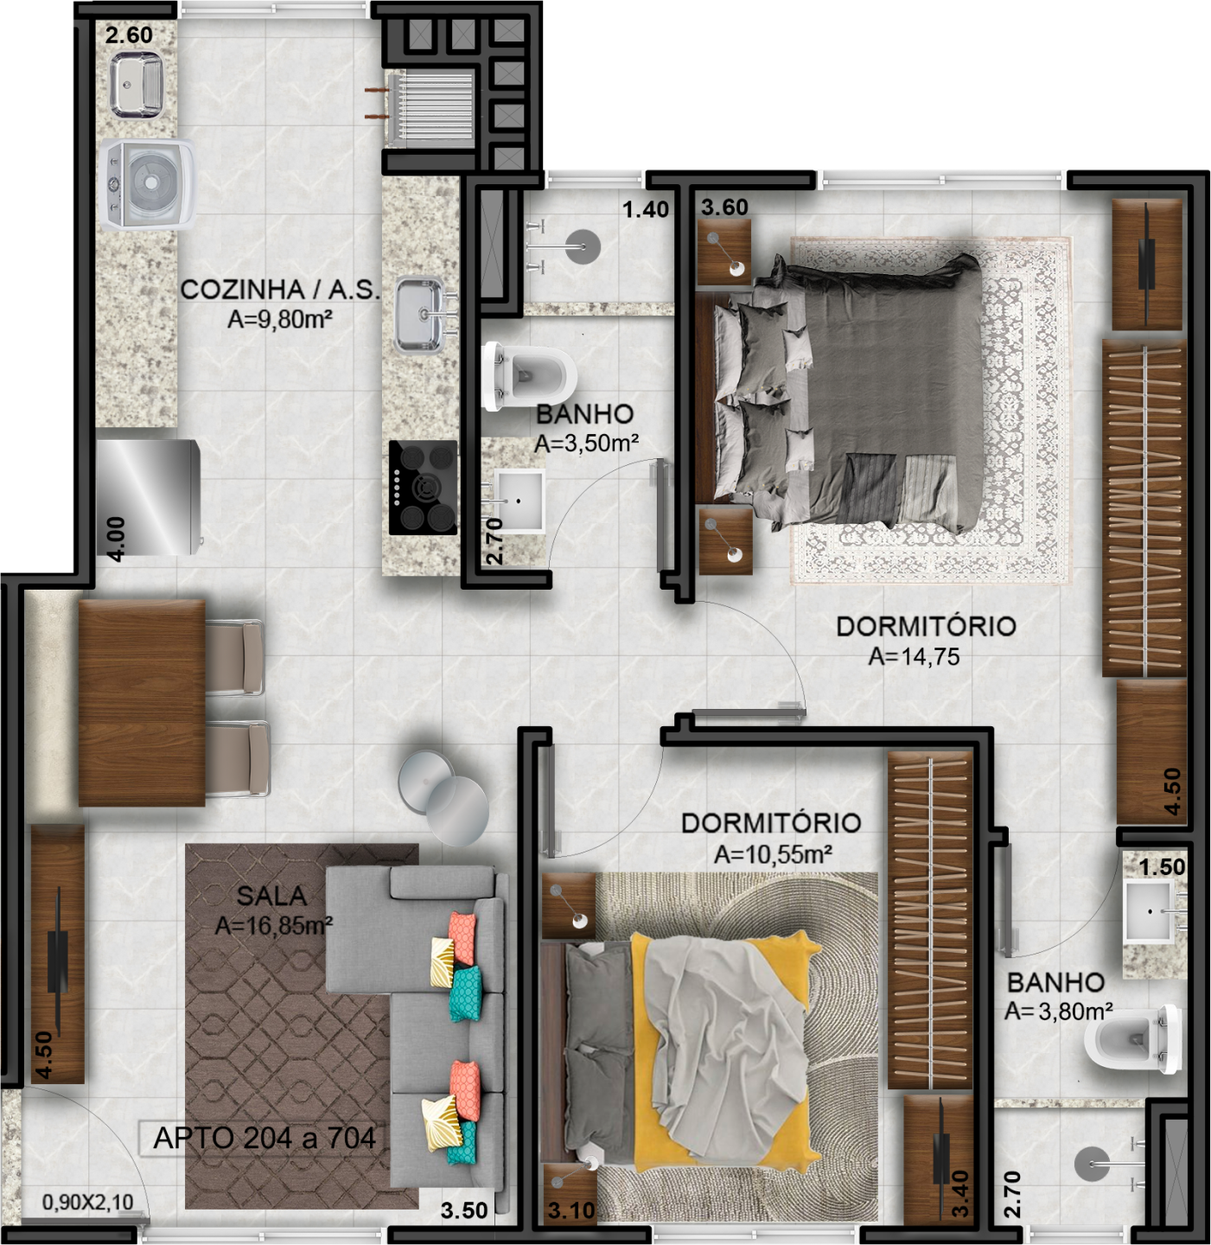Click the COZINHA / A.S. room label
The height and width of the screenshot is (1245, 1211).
[280, 290]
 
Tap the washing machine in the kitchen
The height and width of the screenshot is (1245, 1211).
[149, 184]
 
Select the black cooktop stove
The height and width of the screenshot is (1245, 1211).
[423, 488]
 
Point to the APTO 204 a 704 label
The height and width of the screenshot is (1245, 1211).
[265, 1138]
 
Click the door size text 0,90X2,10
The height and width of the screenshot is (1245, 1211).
[87, 1202]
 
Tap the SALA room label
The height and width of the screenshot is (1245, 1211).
[271, 896]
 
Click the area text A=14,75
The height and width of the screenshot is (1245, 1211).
[914, 657]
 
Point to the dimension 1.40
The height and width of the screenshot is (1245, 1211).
[646, 209]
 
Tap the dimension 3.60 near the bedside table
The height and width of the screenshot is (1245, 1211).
[724, 207]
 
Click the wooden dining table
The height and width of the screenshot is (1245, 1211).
[142, 702]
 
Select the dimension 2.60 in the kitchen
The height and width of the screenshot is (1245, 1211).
[129, 35]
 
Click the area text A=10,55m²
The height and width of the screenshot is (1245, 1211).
[773, 854]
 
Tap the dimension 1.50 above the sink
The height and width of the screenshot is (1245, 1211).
[1163, 867]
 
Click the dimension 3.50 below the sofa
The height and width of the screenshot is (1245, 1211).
[464, 1210]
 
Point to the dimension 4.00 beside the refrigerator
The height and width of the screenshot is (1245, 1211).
[117, 539]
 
